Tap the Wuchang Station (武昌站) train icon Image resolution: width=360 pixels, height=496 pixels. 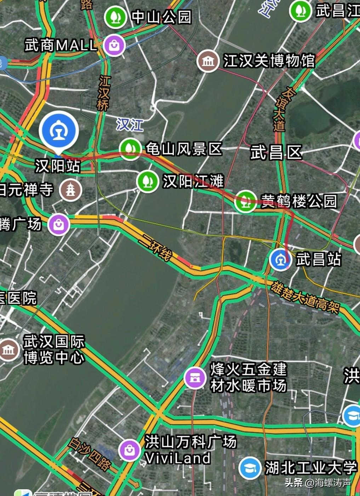pyautogui.click(x=280, y=259)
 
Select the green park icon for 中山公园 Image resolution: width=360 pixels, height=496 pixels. pyautogui.click(x=115, y=17)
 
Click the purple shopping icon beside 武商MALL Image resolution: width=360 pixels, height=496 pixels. pyautogui.click(x=114, y=45)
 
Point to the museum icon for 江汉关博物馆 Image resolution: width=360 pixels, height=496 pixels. pyautogui.click(x=208, y=61)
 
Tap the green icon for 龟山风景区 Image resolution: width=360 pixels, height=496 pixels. pyautogui.click(x=130, y=150)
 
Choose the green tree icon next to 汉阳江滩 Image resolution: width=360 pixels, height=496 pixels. pyautogui.click(x=147, y=181)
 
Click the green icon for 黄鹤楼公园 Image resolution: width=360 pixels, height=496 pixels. pyautogui.click(x=245, y=202)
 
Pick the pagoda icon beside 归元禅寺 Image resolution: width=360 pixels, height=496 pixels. pyautogui.click(x=70, y=190)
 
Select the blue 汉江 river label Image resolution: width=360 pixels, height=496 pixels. pyautogui.click(x=130, y=125)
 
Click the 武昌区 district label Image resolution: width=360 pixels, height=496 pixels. pyautogui.click(x=276, y=153)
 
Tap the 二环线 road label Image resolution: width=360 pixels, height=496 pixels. pyautogui.click(x=155, y=247)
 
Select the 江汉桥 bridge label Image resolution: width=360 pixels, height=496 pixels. pyautogui.click(x=104, y=93)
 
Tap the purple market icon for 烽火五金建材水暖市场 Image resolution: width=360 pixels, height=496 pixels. pyautogui.click(x=195, y=378)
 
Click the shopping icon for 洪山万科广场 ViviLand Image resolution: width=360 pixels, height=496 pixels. pyautogui.click(x=130, y=450)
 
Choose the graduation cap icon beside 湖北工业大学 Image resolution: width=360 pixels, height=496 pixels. pyautogui.click(x=250, y=468)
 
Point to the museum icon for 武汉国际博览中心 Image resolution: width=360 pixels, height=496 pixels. pyautogui.click(x=8, y=350)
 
